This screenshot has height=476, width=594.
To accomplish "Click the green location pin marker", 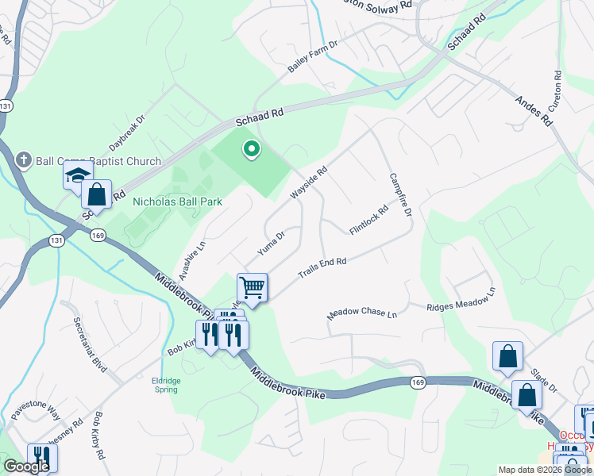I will (x=252, y=148).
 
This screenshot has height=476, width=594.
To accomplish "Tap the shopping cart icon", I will (x=252, y=287).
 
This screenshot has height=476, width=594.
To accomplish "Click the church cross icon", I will (x=23, y=159).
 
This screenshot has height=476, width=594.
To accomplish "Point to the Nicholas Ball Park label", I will (x=177, y=202).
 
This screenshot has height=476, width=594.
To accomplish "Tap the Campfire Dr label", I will (x=400, y=195).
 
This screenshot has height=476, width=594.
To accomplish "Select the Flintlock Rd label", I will (x=369, y=221).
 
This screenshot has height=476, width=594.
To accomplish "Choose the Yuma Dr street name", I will (x=271, y=244).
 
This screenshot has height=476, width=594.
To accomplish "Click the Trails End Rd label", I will (x=322, y=267).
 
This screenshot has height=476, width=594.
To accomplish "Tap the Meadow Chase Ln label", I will (x=362, y=315).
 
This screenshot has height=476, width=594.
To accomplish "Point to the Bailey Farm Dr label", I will (x=313, y=58).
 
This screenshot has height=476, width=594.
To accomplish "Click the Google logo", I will (x=26, y=466).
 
